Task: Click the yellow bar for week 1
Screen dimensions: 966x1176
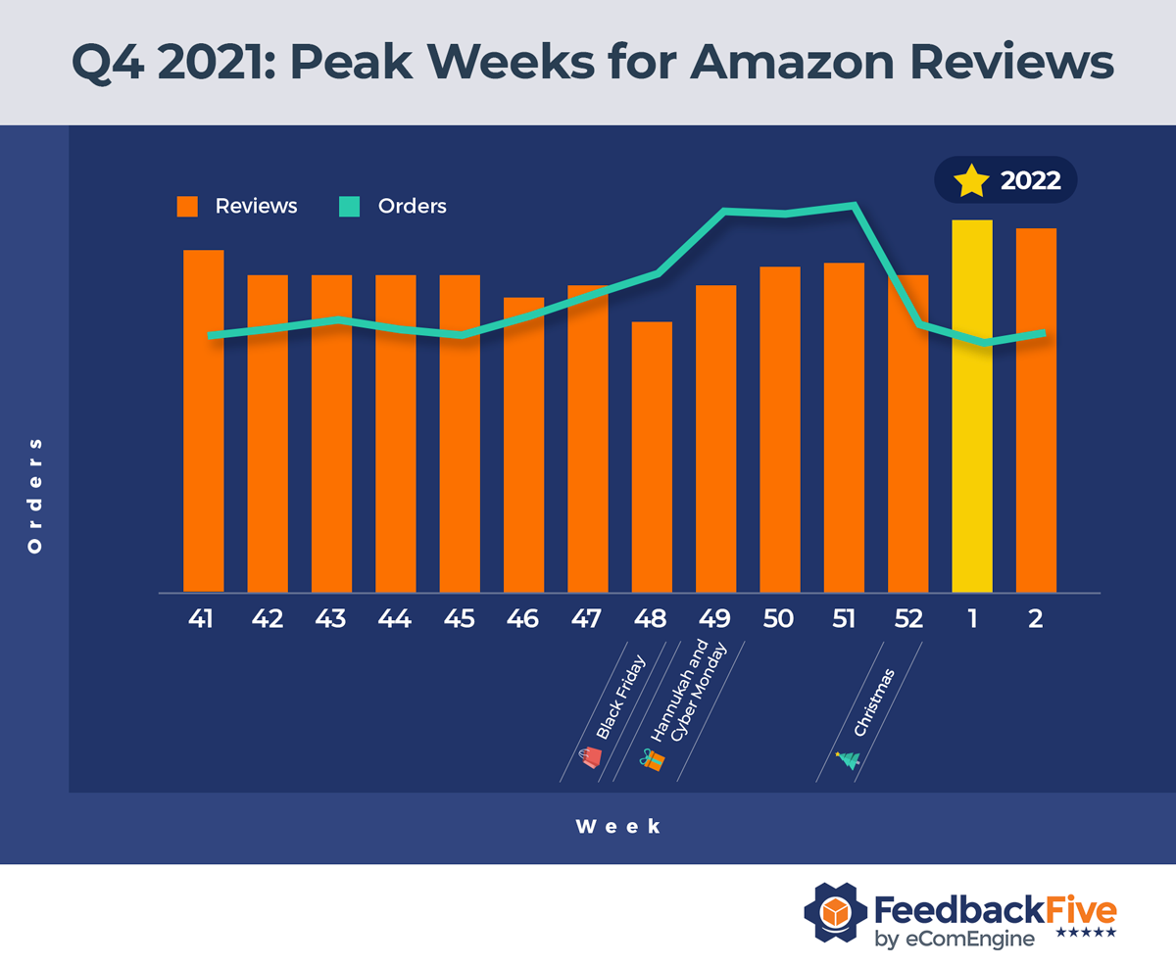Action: coord(972,407)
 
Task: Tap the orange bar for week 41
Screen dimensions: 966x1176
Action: coord(204,421)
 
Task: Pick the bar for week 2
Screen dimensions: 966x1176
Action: coord(1036,411)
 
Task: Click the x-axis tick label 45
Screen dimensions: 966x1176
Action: coord(460,620)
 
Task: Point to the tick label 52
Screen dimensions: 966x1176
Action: coord(907,620)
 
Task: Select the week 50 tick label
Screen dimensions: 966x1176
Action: coord(779,620)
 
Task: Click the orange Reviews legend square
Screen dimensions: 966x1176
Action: coord(187,207)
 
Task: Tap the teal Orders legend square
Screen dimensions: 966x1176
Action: coord(350,207)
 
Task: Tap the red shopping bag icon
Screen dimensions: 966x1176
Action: coord(592,756)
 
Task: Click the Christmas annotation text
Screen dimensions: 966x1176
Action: coord(874,702)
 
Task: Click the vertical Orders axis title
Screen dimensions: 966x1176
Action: coord(35,495)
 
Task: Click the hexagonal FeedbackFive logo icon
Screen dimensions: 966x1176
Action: coord(833,912)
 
